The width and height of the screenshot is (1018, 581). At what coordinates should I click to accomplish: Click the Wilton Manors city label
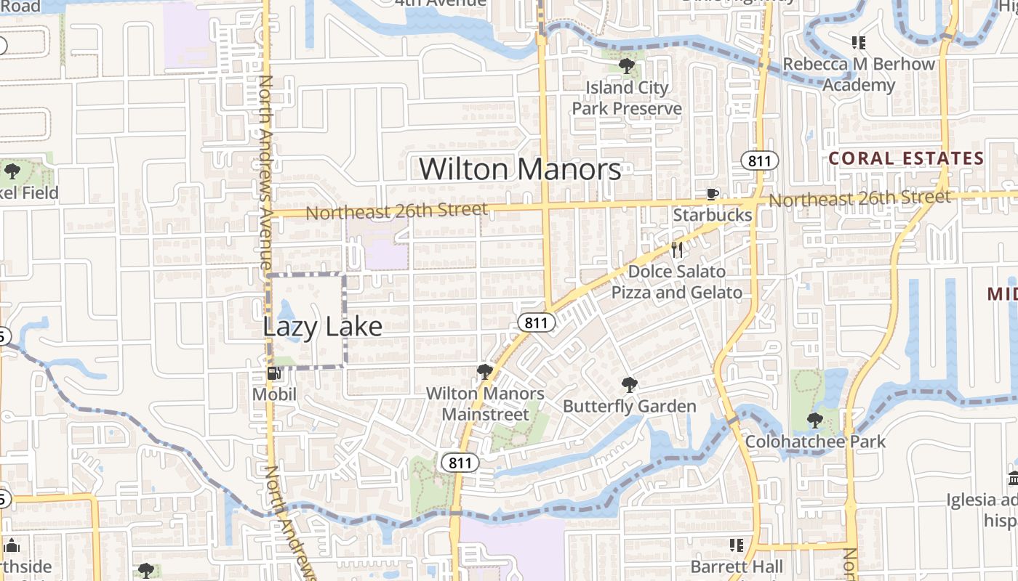pyautogui.click(x=520, y=169)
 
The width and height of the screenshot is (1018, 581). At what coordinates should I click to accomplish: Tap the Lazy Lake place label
pyautogui.click(x=322, y=326)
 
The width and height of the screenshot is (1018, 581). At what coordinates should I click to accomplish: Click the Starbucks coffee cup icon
pyautogui.click(x=713, y=194)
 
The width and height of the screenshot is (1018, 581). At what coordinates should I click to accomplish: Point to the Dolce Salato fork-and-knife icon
pyautogui.click(x=677, y=250)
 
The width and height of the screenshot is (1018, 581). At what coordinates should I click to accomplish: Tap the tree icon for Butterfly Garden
pyautogui.click(x=630, y=385)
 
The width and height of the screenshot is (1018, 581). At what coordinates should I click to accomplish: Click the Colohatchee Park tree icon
pyautogui.click(x=815, y=420)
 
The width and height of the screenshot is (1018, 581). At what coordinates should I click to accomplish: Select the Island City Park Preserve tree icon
pyautogui.click(x=626, y=66)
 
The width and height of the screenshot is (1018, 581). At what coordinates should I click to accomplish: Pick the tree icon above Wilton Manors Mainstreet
pyautogui.click(x=484, y=372)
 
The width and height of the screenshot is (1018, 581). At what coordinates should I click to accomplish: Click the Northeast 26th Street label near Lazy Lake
pyautogui.click(x=397, y=211)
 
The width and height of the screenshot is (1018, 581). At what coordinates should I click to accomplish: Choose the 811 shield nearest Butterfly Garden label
pyautogui.click(x=535, y=323)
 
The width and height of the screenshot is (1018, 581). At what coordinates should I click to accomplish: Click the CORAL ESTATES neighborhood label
pyautogui.click(x=906, y=158)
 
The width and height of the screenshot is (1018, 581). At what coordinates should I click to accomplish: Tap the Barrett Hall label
pyautogui.click(x=737, y=566)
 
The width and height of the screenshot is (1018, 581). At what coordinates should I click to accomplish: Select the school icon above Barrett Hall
pyautogui.click(x=737, y=545)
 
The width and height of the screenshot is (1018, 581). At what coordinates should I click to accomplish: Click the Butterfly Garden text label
pyautogui.click(x=630, y=406)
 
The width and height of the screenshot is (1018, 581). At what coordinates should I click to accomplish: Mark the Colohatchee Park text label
pyautogui.click(x=815, y=441)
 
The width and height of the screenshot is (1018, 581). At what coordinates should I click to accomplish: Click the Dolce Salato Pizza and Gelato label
pyautogui.click(x=676, y=282)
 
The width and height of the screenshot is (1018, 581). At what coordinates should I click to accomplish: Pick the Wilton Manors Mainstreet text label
pyautogui.click(x=485, y=404)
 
